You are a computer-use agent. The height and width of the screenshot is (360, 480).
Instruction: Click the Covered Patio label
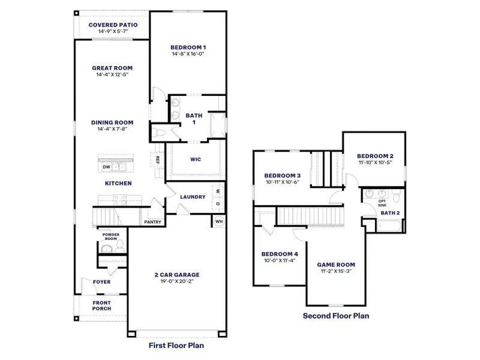pyautogui.click(x=113, y=25)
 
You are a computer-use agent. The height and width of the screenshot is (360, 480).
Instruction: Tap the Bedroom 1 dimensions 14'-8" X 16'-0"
pyautogui.click(x=188, y=53)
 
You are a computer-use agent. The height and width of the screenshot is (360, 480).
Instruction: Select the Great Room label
pyautogui.click(x=112, y=68)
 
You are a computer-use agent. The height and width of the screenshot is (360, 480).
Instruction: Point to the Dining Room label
pyautogui.click(x=112, y=122)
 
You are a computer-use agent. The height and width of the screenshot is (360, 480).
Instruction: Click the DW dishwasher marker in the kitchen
pyautogui.click(x=106, y=167)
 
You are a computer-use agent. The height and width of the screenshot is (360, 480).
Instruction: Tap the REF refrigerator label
pyautogui.click(x=157, y=160)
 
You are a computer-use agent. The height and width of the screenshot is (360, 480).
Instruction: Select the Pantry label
pyautogui.click(x=151, y=222)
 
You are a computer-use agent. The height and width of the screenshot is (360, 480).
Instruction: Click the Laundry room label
pyautogui.click(x=193, y=197)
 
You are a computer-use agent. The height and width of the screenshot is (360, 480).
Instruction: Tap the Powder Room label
pyautogui.click(x=110, y=236)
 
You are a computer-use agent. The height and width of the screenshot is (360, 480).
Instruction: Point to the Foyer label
pyautogui.click(x=101, y=281)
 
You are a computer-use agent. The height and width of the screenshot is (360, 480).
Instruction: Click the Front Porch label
pyautogui.click(x=101, y=306)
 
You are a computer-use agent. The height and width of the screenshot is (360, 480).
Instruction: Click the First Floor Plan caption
pyautogui.click(x=177, y=346)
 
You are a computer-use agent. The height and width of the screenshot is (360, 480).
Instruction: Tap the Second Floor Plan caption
pyautogui.click(x=335, y=315)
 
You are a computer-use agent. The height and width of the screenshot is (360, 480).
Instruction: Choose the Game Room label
pyautogui.click(x=336, y=264)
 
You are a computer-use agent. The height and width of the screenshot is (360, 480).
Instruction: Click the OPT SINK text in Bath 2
pyautogui.click(x=382, y=203)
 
